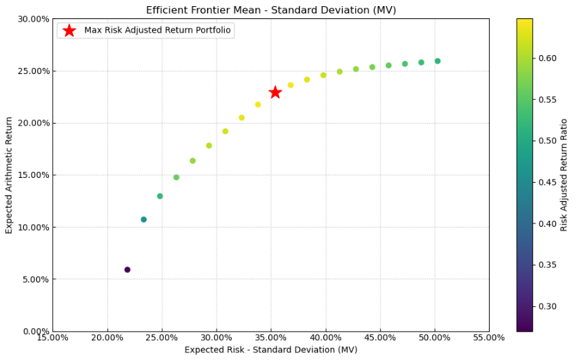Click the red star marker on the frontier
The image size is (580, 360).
(275, 92)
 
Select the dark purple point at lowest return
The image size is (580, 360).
(127, 270)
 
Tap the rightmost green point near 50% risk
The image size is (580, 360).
(437, 61)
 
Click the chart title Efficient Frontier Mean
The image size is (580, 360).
(271, 10)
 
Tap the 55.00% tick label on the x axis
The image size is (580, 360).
(488, 338)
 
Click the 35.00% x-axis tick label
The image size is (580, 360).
(270, 338)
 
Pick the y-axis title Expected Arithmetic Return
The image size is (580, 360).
(10, 175)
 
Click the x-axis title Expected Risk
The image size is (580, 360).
(270, 350)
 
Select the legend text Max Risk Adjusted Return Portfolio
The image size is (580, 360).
(158, 31)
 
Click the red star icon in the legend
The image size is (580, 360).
(69, 31)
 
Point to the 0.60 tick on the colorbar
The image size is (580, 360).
(547, 58)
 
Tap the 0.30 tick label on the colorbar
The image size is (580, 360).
(547, 306)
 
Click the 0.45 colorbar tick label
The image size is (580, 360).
(547, 183)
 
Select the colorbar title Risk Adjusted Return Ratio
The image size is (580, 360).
(564, 175)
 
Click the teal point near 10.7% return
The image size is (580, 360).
(143, 219)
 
